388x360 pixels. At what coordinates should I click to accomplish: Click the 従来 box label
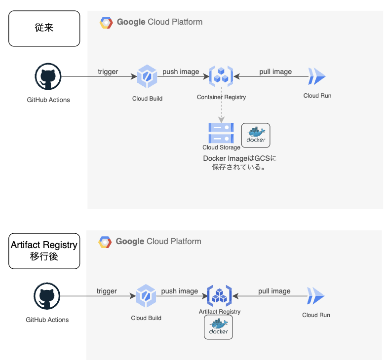[x=44, y=28]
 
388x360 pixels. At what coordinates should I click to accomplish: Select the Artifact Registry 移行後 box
[x=44, y=251]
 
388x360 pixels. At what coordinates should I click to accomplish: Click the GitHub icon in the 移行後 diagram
[x=47, y=296]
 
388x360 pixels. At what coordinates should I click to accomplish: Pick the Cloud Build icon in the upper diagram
[x=147, y=77]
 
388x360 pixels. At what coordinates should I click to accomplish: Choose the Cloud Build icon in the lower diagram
[x=146, y=296]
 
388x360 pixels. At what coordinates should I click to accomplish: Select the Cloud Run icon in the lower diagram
[x=316, y=296]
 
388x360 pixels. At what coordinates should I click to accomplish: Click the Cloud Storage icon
[x=221, y=133]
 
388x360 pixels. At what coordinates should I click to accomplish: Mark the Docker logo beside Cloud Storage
[x=256, y=135]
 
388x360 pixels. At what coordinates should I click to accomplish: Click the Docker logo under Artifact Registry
[x=218, y=327]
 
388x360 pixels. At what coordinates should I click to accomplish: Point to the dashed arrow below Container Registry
[x=221, y=106]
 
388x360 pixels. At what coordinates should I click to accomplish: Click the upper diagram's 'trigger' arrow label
[x=108, y=72]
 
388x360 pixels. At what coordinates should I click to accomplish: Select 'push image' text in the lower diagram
[x=180, y=291]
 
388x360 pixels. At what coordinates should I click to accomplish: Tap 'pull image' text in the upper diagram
[x=275, y=72]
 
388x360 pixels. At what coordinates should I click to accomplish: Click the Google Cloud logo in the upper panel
[x=107, y=22]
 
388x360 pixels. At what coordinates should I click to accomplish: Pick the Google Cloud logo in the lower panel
[x=105, y=242]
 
